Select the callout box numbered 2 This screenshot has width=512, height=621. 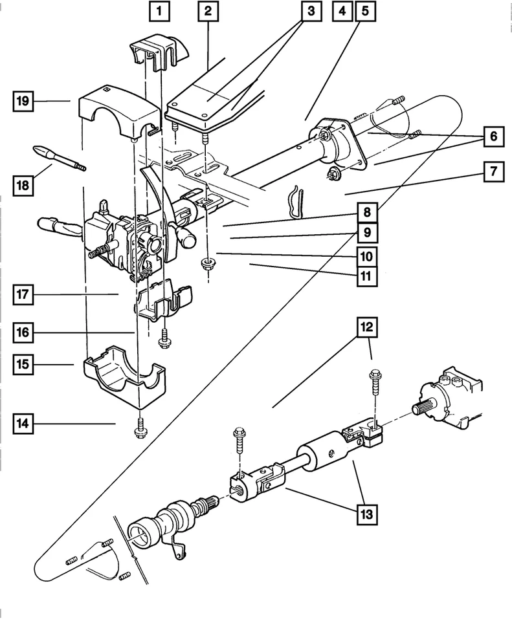click(208, 10)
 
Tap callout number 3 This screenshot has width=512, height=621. click(311, 10)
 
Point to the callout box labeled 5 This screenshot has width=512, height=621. click(364, 10)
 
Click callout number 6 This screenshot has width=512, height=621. click(494, 136)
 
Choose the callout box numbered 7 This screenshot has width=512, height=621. click(494, 172)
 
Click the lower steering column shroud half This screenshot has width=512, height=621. click(125, 378)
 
